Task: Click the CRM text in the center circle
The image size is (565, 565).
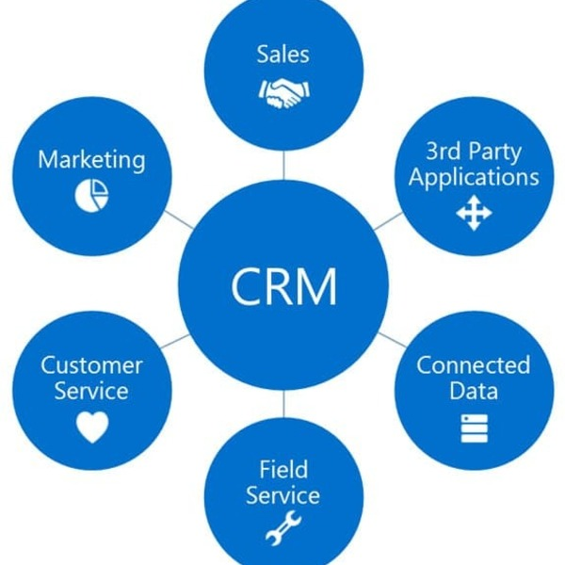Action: coord(283,284)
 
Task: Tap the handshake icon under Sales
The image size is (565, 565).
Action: coord(283,92)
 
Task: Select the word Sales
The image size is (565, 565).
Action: coord(283,54)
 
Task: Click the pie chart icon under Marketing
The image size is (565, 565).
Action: coord(92,193)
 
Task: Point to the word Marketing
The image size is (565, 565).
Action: coord(92,159)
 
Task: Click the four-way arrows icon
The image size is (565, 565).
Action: coord(474,214)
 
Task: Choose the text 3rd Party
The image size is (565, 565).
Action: coord(474,151)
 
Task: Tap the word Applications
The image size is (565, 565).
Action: coord(474,177)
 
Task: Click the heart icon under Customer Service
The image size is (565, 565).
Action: coord(92,428)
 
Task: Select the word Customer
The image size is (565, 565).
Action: coord(92,365)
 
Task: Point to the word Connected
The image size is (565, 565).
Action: coord(474,365)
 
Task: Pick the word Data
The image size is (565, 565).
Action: coord(474,391)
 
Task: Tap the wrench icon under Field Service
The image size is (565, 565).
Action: coord(282,529)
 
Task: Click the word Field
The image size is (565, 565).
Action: coord(282,468)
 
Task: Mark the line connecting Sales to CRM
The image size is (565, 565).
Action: coord(283,166)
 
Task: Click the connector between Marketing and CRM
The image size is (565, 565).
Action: coord(179,220)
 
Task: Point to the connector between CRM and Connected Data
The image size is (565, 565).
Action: coord(389,340)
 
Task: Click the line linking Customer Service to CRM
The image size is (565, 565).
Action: coord(176,341)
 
